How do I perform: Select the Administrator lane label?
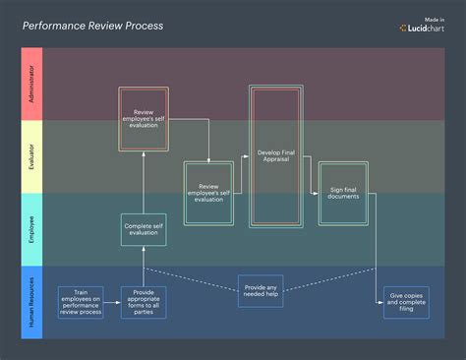31,86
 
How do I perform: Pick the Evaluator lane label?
31,157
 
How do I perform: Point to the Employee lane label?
31,228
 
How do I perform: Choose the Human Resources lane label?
31,302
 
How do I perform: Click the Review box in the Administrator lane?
145,119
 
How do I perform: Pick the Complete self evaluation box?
144,229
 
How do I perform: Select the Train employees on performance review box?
81,302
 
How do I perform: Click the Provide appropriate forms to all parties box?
144,302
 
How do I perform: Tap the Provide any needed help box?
261,292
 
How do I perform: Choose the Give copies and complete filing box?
406,303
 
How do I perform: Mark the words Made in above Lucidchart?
433,19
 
